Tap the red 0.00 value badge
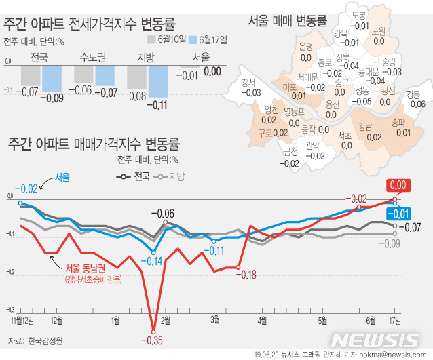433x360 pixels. click(396, 184)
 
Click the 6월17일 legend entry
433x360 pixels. click(209, 40)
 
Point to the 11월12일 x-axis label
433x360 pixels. click(22, 319)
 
